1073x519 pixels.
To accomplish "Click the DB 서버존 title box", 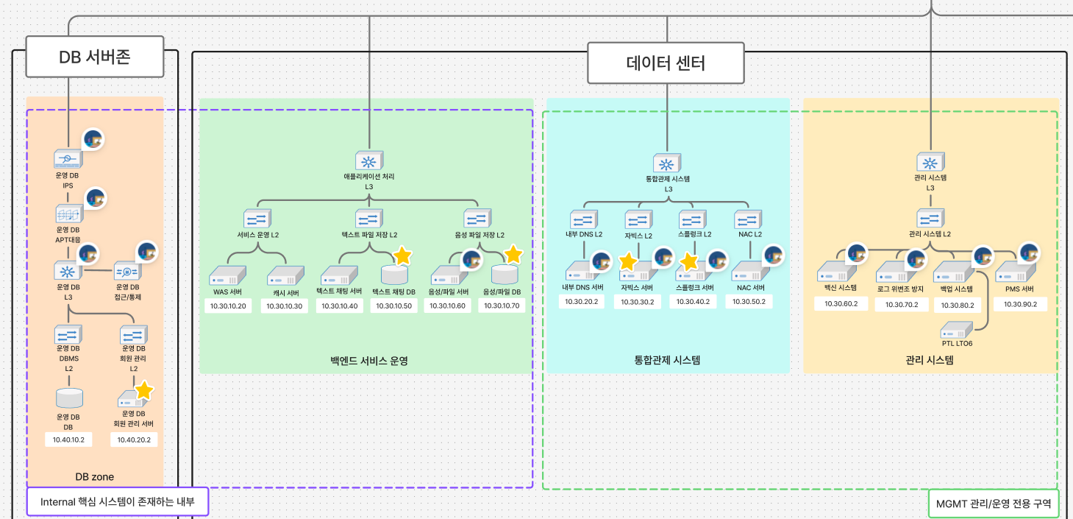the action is click(95, 57).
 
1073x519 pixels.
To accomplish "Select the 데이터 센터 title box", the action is click(666, 63).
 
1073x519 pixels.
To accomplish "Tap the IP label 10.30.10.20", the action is click(228, 306).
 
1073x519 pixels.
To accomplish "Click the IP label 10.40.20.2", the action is click(134, 439).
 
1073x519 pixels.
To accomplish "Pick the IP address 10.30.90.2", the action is click(1020, 304).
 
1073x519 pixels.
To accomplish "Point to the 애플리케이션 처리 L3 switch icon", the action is click(369, 160).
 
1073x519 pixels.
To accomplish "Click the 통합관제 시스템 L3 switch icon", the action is click(667, 163).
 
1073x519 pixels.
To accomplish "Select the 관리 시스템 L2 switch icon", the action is click(930, 218).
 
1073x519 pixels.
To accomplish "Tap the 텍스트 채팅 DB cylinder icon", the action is click(394, 275).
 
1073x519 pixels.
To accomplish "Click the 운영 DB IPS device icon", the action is click(68, 159).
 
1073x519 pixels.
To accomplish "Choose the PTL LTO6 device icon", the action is click(956, 331).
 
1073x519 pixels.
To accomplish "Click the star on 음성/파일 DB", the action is click(513, 254).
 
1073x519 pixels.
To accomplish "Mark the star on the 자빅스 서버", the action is click(628, 262).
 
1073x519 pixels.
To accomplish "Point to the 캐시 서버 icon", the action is click(285, 276).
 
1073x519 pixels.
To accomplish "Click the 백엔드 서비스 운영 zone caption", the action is click(369, 361).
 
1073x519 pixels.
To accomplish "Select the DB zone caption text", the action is click(94, 477).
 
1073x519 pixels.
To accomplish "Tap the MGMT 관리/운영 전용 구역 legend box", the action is click(994, 504).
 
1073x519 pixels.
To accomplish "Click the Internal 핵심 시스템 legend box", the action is click(118, 502).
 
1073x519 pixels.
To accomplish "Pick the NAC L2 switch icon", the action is click(748, 219).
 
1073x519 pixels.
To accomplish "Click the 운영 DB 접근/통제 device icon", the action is click(127, 271).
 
